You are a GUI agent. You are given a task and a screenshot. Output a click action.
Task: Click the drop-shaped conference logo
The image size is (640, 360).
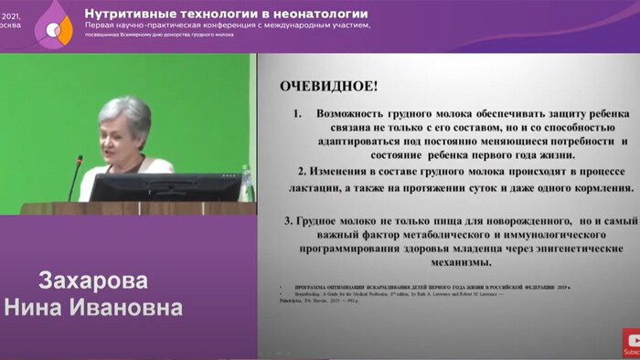tap(52, 26)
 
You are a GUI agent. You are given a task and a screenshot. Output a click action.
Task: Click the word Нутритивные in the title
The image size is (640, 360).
tap(132, 14)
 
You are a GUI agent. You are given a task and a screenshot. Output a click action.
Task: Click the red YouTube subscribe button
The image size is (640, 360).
tap(631, 343)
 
